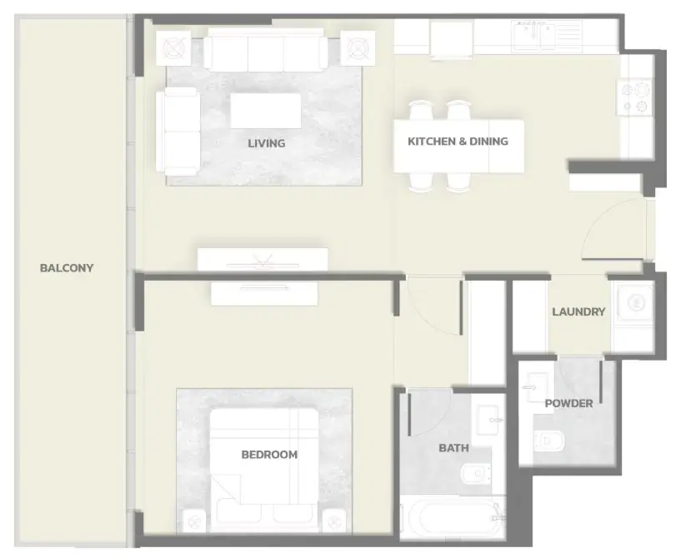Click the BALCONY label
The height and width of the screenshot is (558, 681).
tap(67, 267)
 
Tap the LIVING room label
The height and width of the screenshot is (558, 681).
tap(266, 143)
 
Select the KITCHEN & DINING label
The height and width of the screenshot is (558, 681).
tap(458, 141)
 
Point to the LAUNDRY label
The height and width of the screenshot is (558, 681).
tap(578, 311)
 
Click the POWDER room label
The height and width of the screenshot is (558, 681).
tap(568, 404)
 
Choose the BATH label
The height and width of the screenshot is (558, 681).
tap(453, 448)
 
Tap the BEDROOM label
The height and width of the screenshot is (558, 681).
tap(269, 454)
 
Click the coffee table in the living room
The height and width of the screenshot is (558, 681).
tap(266, 111)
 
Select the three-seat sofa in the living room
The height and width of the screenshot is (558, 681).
tap(266, 50)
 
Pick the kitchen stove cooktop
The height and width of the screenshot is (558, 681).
tap(635, 97)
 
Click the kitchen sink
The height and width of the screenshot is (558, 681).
tap(533, 36)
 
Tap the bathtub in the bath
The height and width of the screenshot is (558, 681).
tap(453, 518)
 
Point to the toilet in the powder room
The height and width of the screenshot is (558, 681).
tap(549, 441)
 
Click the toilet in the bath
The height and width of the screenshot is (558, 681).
tap(477, 473)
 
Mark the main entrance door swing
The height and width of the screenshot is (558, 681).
tap(613, 229)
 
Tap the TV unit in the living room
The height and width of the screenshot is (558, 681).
tap(263, 260)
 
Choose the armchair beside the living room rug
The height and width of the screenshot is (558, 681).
tap(178, 132)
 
